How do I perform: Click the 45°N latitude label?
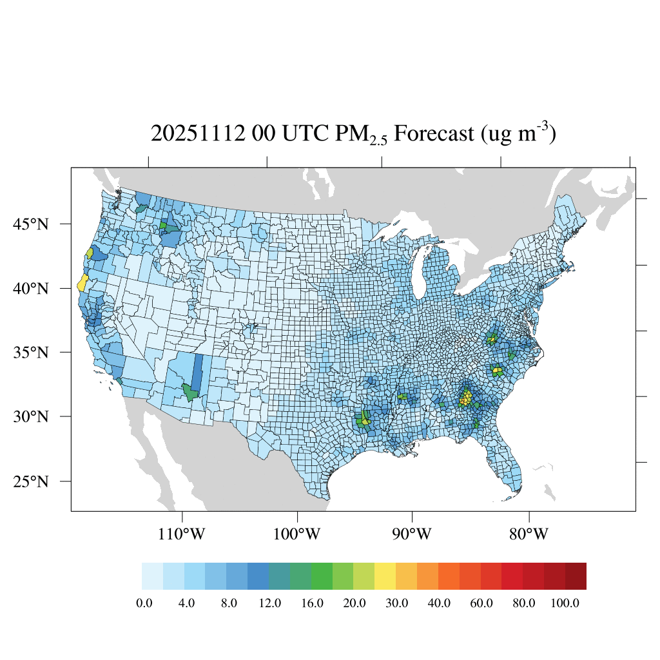click(x=30, y=224)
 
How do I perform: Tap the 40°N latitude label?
click(x=30, y=288)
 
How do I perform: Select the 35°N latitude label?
click(x=30, y=353)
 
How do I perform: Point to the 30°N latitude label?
click(x=30, y=416)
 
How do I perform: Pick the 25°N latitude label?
click(x=30, y=481)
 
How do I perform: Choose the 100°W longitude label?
click(x=297, y=534)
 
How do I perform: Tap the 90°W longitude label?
click(x=412, y=534)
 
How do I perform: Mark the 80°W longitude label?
click(x=529, y=534)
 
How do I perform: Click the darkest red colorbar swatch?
click(x=576, y=576)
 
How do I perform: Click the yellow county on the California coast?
click(x=82, y=282)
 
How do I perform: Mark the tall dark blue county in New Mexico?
click(x=197, y=373)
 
